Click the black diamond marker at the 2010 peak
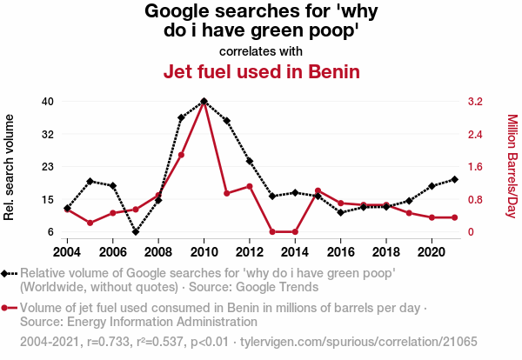[204, 101]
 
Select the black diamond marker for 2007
[136, 232]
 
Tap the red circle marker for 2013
[272, 232]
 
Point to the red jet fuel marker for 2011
[227, 193]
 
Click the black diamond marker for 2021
[454, 179]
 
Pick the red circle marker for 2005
[90, 223]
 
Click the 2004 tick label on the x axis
[68, 251]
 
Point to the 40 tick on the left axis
[48, 101]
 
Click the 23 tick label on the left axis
[48, 167]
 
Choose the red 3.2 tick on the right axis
[475, 101]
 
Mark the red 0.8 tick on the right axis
[475, 199]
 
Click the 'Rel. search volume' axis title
[10, 167]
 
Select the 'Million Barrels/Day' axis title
[512, 167]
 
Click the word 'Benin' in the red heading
[331, 71]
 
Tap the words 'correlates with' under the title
[260, 50]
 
